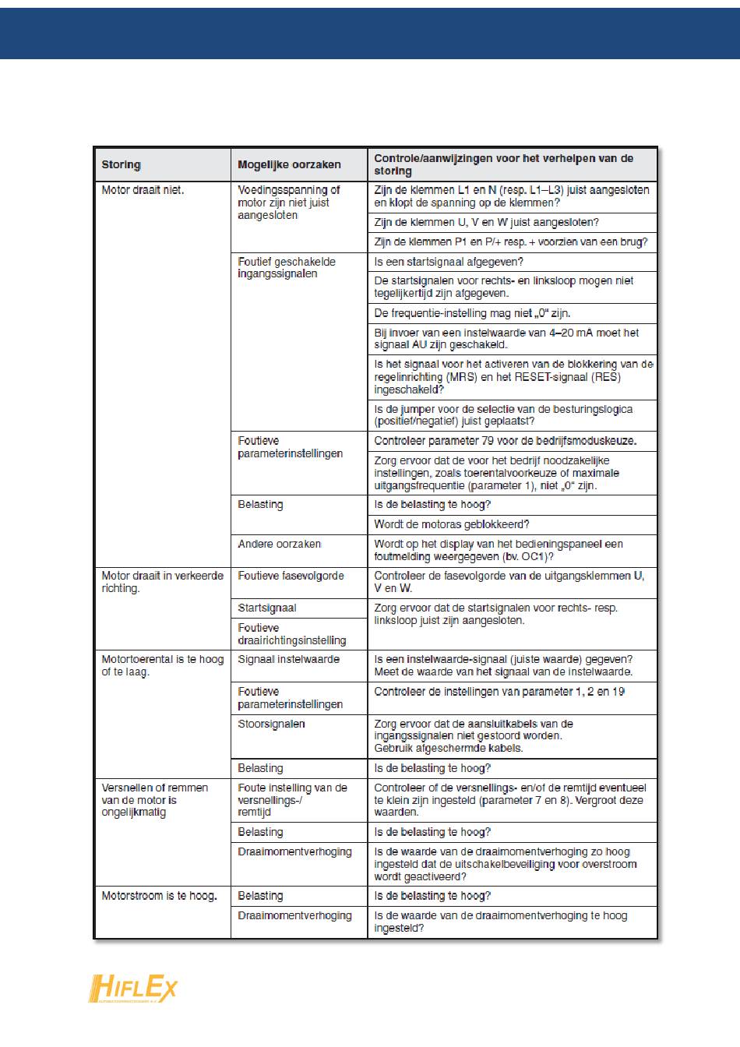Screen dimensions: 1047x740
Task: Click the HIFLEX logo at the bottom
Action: click(x=132, y=989)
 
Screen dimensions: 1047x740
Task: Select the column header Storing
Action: click(x=121, y=164)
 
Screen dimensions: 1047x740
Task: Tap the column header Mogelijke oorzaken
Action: click(x=289, y=164)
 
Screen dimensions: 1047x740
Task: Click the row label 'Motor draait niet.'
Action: click(x=143, y=190)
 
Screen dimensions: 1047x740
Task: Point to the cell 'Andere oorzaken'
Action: click(x=279, y=544)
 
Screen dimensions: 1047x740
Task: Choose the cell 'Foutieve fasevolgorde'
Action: click(x=291, y=576)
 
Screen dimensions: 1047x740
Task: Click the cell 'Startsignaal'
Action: click(x=267, y=608)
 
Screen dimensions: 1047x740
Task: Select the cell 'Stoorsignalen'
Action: click(x=271, y=724)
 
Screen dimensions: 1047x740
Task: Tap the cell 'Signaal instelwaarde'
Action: click(x=288, y=659)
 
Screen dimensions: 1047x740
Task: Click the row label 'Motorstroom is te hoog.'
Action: click(x=159, y=896)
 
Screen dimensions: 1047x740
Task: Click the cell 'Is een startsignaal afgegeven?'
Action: click(x=449, y=262)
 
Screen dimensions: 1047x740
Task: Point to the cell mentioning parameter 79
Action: click(x=505, y=441)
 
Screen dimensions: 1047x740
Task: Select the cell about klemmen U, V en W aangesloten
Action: click(x=486, y=222)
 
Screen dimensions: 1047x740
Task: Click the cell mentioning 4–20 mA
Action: click(x=506, y=339)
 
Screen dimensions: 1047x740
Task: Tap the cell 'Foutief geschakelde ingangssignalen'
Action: click(x=287, y=268)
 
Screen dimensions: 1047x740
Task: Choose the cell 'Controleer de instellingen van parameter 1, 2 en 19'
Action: click(x=499, y=692)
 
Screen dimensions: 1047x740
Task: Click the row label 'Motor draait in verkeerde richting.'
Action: click(x=162, y=582)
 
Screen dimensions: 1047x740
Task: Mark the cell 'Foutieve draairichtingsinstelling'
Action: click(x=291, y=634)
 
